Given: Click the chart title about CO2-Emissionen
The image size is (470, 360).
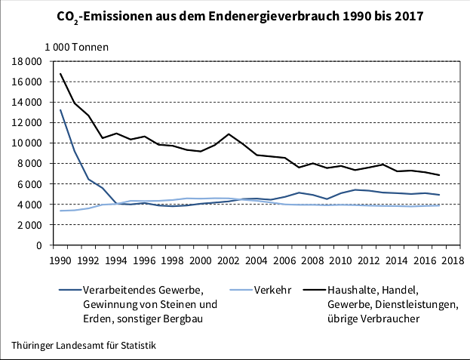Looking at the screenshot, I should (235, 15).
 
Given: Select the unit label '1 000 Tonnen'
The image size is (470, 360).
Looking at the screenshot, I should (76, 47).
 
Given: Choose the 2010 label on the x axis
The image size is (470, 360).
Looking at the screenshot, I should (339, 260).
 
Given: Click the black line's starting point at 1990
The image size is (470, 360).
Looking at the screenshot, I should (61, 74).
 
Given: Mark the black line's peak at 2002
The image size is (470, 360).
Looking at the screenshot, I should (229, 134).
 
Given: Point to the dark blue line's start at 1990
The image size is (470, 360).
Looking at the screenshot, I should (61, 110).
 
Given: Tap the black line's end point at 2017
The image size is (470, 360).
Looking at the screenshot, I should (439, 175).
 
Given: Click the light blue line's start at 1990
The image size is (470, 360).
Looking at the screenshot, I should (61, 211).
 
